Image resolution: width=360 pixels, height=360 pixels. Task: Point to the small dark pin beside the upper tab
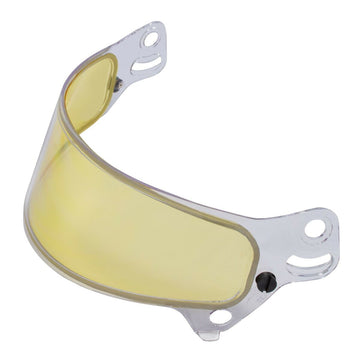click(x=120, y=84)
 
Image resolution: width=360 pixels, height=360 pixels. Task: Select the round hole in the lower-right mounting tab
click(x=313, y=228)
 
